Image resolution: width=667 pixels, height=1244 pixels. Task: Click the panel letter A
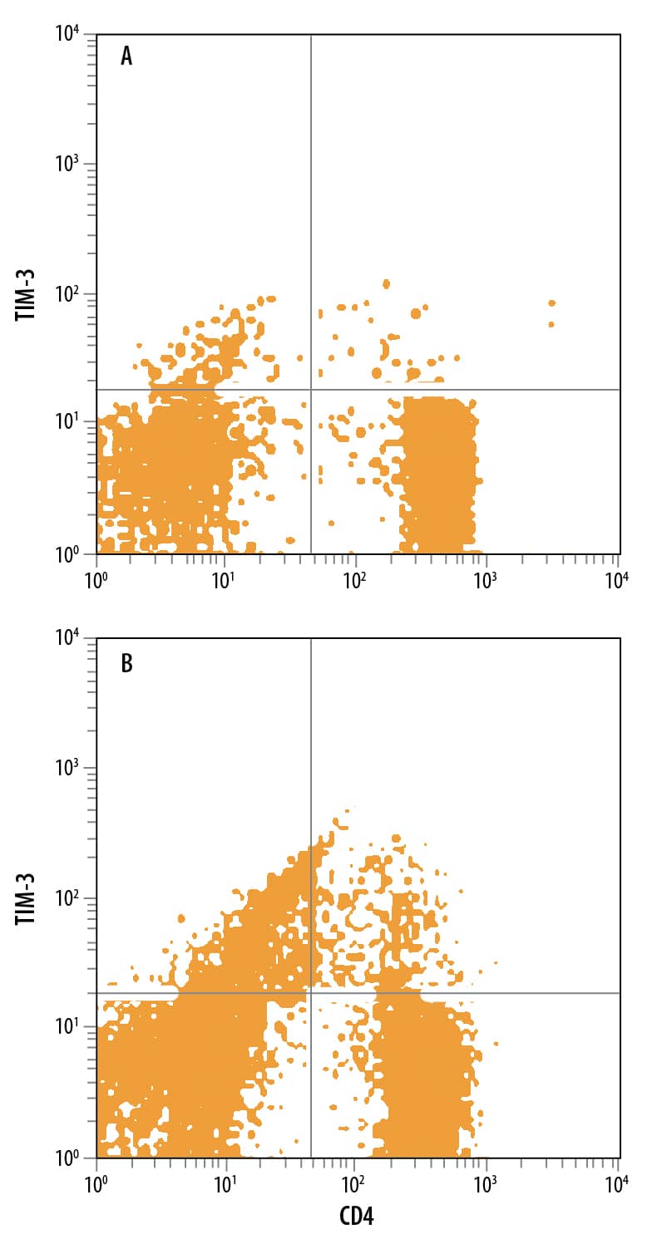[126, 57]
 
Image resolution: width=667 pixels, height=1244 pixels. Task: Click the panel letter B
[126, 664]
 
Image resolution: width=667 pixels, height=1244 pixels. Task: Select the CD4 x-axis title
[357, 1218]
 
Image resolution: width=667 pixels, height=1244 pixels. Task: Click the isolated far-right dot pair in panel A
[551, 312]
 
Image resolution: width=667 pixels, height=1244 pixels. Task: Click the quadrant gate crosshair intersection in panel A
[311, 390]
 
